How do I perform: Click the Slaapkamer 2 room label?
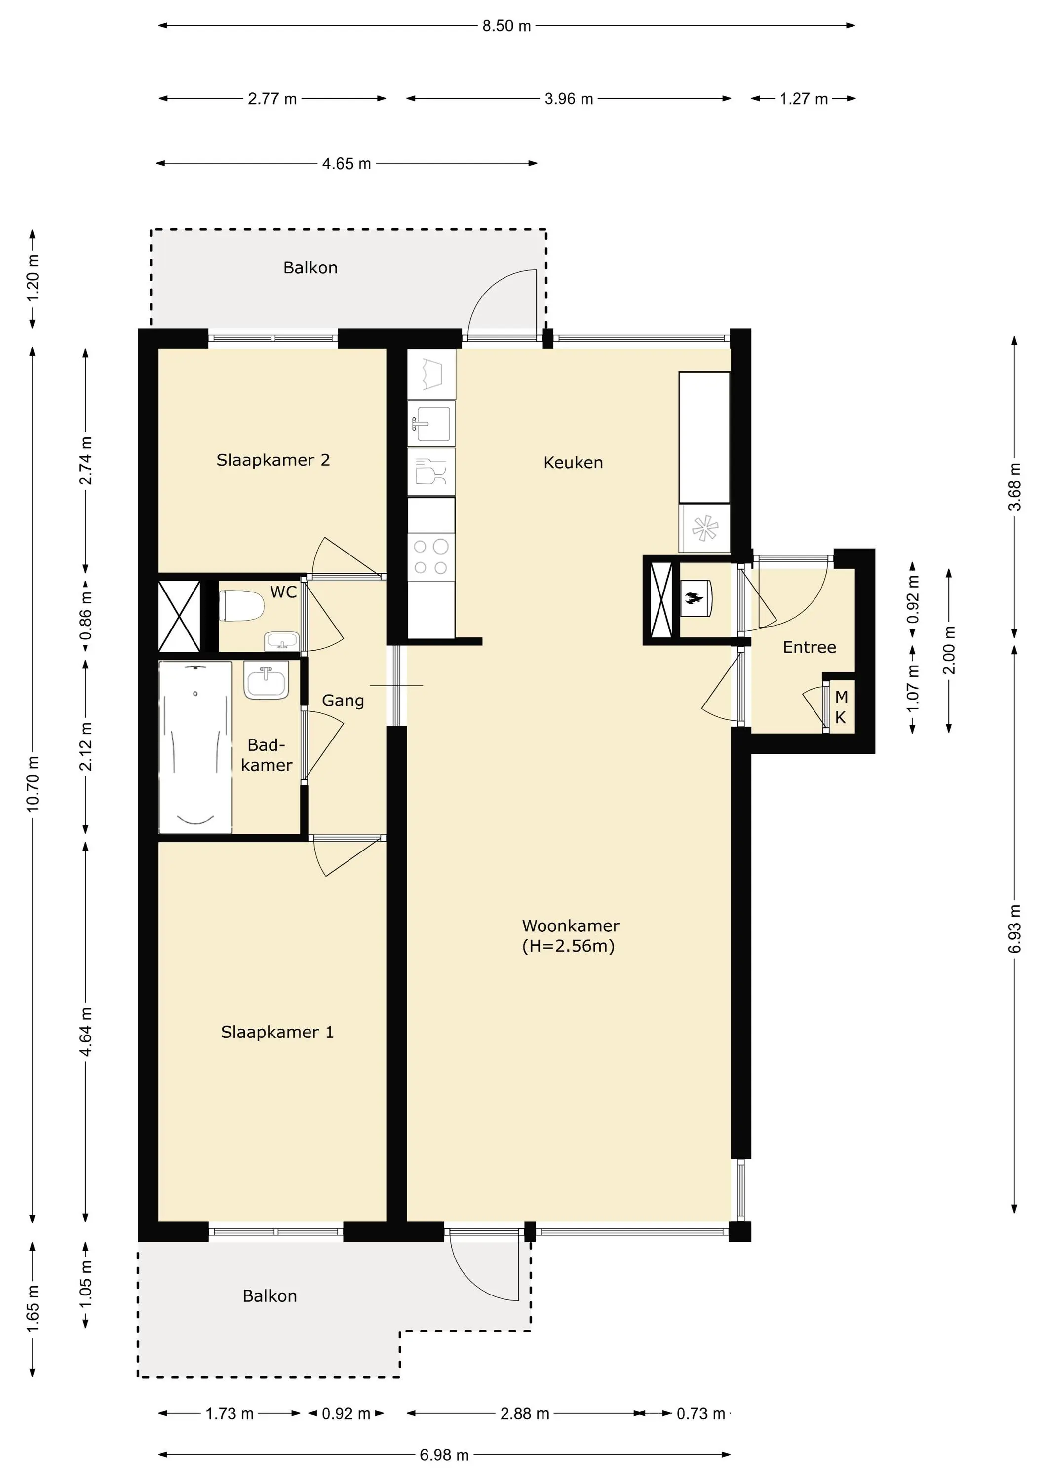273,460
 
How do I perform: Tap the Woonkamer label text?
570,925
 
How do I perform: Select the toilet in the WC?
241,606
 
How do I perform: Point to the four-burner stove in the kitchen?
431,557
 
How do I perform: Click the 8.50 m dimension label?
506,26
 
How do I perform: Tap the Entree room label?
809,647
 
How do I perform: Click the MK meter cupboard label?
841,707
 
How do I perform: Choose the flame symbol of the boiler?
694,599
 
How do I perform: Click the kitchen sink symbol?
431,423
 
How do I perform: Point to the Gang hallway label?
343,701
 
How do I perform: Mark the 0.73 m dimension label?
700,1413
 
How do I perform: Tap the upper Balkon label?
310,267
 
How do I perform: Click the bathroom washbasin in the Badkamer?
266,680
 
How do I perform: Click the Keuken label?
573,462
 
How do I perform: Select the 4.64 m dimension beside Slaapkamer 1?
86,1032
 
